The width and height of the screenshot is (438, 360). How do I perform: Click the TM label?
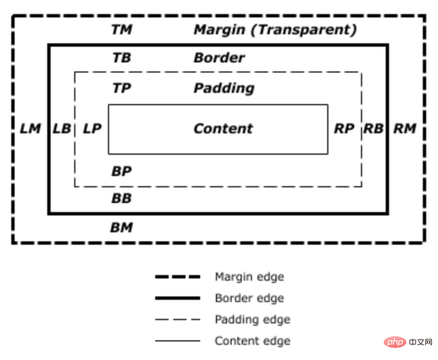(x=122, y=30)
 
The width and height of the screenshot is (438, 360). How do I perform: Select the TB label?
(x=122, y=58)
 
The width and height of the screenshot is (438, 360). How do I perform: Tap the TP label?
(x=122, y=88)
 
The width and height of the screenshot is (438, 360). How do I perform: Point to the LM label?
(x=30, y=129)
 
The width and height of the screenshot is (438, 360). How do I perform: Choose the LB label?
(x=61, y=129)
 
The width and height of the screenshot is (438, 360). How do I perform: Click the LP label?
(x=92, y=129)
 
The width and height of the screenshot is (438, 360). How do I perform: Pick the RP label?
(x=344, y=129)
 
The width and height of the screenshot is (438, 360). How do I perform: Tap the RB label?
(x=374, y=129)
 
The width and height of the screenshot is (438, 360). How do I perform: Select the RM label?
(x=405, y=129)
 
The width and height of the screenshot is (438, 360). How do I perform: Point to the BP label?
(x=122, y=171)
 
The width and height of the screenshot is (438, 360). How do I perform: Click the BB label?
(x=122, y=198)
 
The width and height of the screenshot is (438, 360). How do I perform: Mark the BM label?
(x=122, y=227)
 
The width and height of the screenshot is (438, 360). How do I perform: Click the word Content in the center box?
(x=223, y=129)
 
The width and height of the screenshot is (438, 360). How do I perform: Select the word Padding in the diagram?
(x=224, y=88)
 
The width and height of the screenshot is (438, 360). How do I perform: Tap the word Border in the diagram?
(x=219, y=58)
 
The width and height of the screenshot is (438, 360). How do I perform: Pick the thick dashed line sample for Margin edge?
(x=177, y=277)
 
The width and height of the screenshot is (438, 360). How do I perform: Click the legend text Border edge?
(x=249, y=299)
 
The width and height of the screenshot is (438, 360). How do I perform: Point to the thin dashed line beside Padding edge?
(x=177, y=319)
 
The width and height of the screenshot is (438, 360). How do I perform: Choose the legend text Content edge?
(x=252, y=341)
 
